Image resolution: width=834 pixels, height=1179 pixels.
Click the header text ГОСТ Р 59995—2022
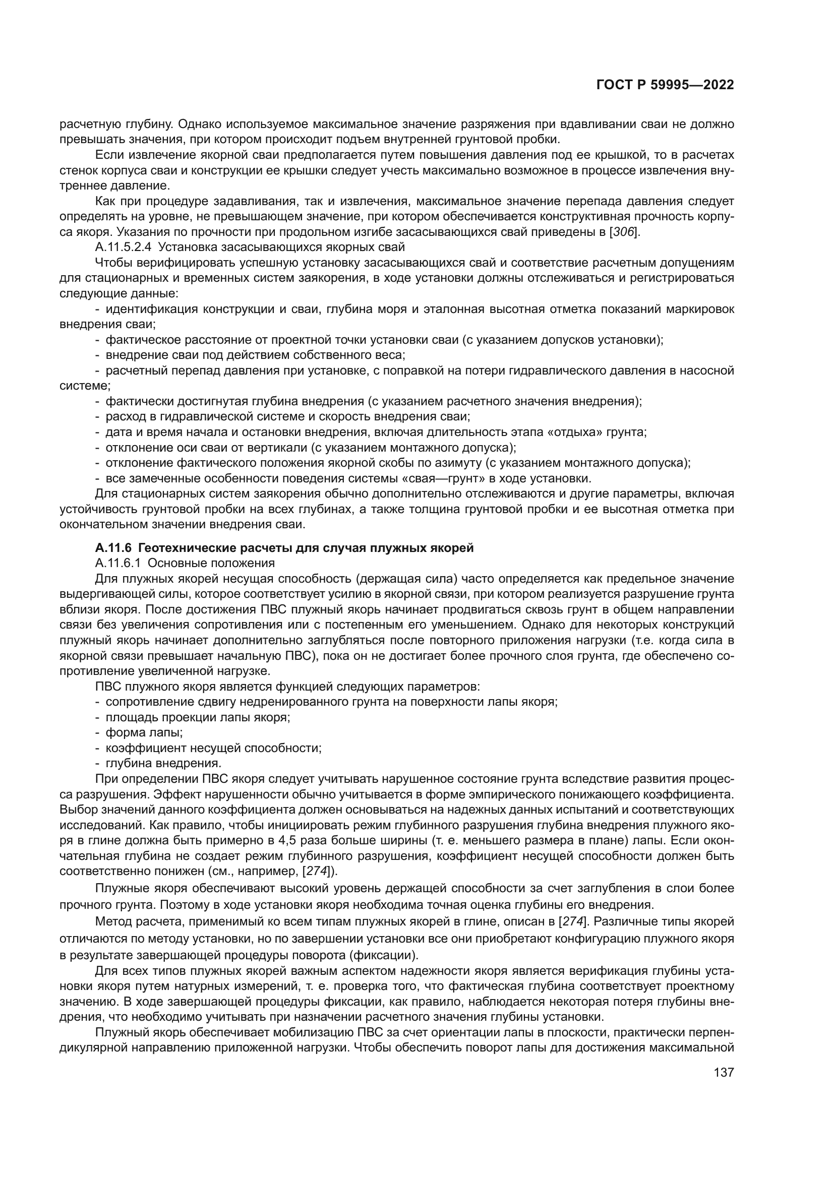665,85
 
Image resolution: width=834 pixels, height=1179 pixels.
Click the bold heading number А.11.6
112,548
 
